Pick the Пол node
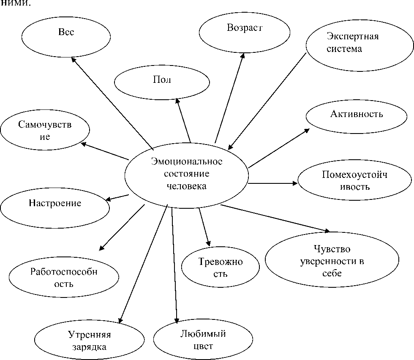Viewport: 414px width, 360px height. tap(161, 81)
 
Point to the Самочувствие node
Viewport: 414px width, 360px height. tap(45, 131)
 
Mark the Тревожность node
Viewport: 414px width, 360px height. tap(220, 267)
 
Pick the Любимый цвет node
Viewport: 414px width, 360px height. tap(203, 340)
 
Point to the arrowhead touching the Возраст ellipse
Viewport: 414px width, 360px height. tap(242, 55)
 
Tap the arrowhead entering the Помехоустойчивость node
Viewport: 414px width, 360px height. tap(295, 183)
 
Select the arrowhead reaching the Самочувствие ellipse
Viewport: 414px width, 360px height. tap(83, 144)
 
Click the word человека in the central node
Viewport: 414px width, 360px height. tap(186, 186)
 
